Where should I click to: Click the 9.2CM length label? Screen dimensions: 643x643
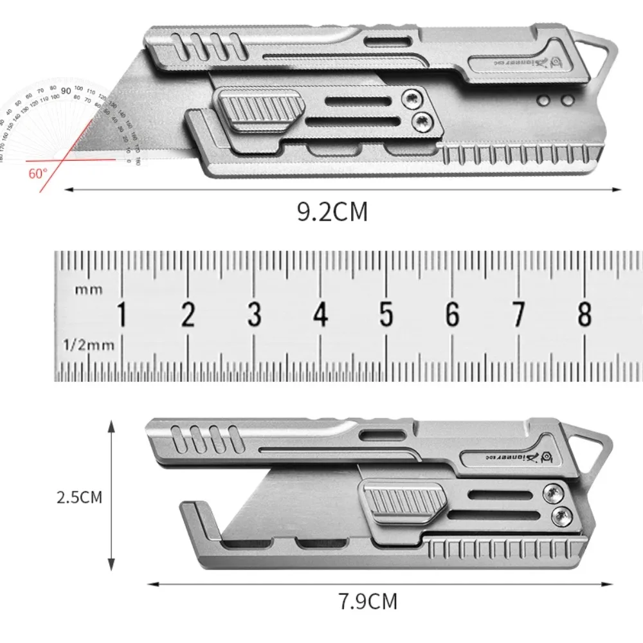[332, 210]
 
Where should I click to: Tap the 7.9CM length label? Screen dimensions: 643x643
[368, 601]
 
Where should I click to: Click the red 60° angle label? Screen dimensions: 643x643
[38, 173]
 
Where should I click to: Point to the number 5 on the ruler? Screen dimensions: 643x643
[386, 315]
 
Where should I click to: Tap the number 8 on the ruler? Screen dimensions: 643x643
[584, 314]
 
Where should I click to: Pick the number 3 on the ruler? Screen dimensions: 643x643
[254, 315]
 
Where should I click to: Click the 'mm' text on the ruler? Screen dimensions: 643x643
[89, 289]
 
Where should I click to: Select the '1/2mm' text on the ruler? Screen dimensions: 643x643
[89, 345]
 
